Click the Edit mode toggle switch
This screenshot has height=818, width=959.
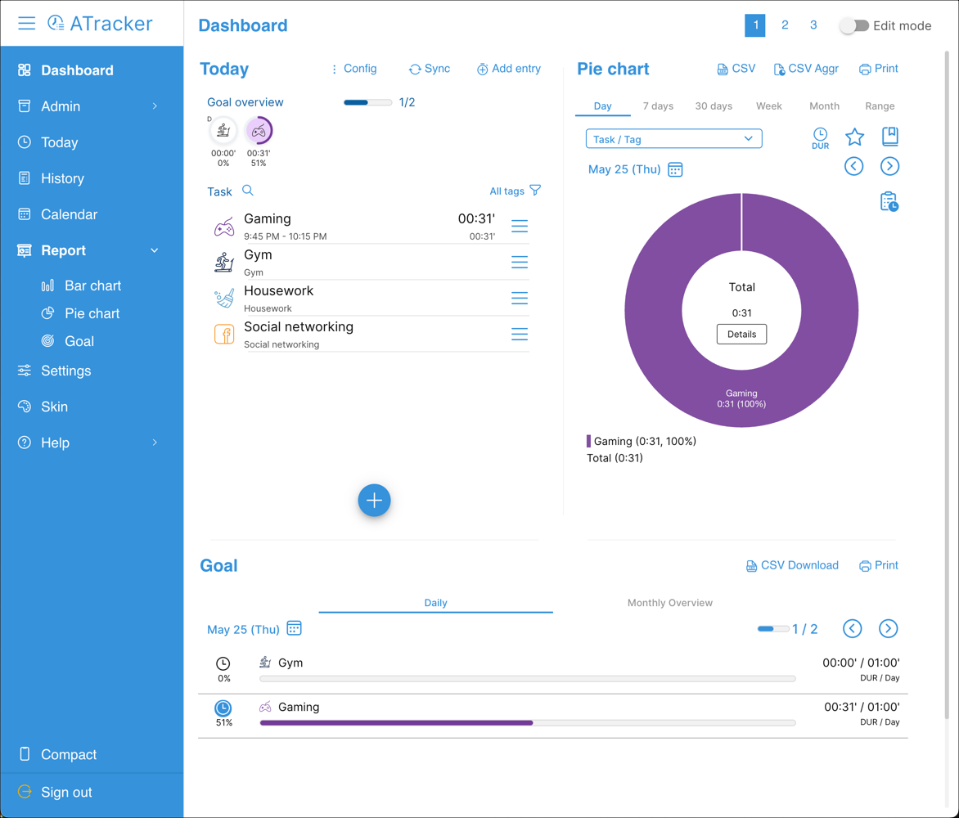[x=853, y=25]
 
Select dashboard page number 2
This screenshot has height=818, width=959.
[x=785, y=25]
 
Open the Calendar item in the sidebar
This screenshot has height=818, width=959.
[x=69, y=214]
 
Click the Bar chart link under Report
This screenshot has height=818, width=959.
[x=92, y=285]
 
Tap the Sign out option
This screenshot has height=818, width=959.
[x=66, y=792]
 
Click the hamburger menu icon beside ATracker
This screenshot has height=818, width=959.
[x=26, y=23]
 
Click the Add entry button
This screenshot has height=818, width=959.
[x=508, y=69]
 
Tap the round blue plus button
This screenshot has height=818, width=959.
[x=374, y=501]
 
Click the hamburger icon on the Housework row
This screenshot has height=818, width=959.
[x=520, y=298]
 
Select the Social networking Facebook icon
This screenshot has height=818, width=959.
[x=223, y=334]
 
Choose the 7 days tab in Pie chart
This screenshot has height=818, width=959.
[x=658, y=106]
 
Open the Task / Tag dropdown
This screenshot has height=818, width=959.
[x=673, y=139]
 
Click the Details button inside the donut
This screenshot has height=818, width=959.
[x=741, y=334]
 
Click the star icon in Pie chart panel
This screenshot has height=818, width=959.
[x=854, y=137]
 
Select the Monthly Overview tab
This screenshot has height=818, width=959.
[x=669, y=603]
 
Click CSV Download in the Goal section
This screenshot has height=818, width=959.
[x=792, y=565]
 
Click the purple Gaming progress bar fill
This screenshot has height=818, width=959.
[x=396, y=723]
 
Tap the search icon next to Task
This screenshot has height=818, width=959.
[x=248, y=191]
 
